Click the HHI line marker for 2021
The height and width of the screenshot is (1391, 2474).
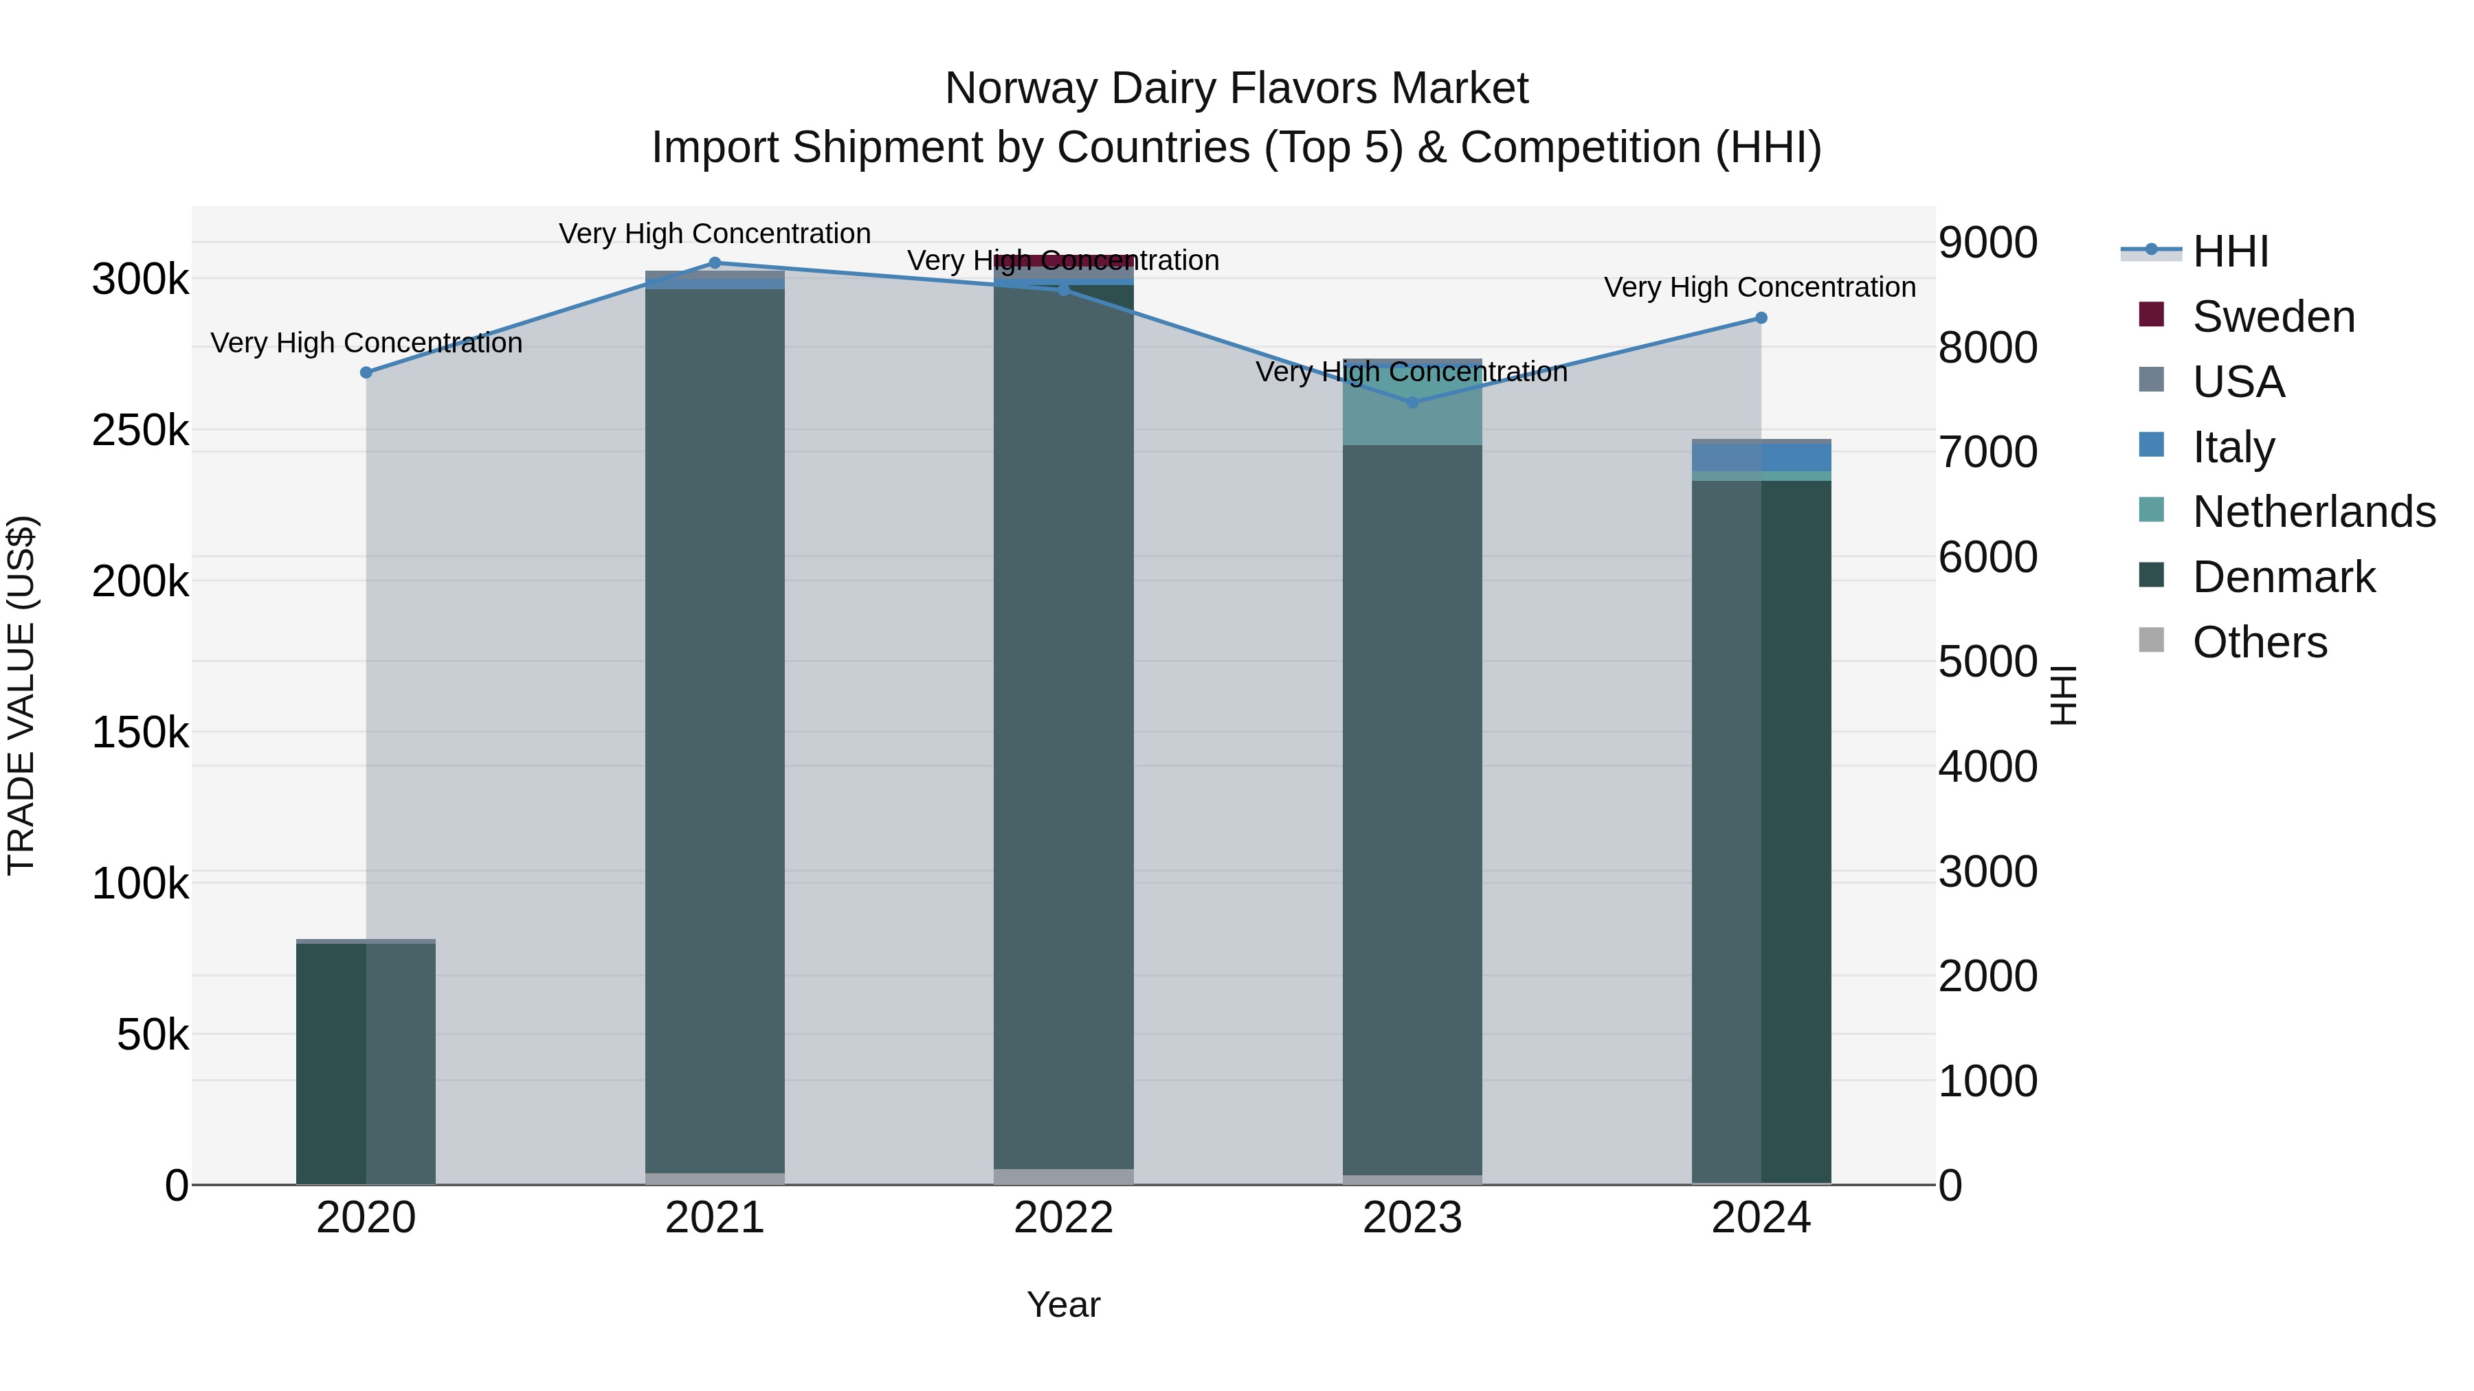tap(715, 263)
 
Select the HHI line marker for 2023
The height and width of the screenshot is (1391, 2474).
tap(1412, 403)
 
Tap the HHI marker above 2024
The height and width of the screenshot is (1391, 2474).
tap(1761, 318)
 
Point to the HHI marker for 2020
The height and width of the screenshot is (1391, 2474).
tap(366, 372)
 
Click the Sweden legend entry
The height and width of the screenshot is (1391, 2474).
tap(2273, 317)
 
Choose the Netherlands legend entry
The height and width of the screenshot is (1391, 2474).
tap(2313, 512)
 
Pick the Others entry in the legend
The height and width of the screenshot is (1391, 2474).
tap(2259, 642)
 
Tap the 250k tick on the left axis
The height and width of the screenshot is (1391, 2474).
tap(140, 431)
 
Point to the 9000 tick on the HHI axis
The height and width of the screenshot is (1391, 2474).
tap(1987, 243)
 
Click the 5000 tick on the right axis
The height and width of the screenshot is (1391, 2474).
tap(1987, 661)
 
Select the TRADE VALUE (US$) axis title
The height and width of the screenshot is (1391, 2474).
tap(21, 695)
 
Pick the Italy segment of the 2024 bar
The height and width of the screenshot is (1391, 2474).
tap(1761, 457)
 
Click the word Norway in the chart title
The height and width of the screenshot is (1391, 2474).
tap(1021, 89)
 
